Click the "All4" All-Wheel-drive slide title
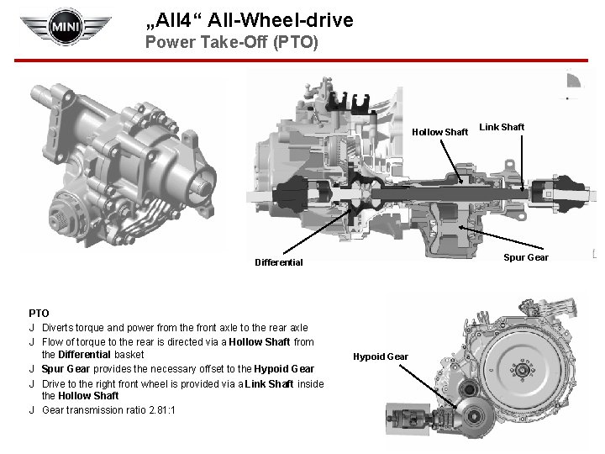coord(250,18)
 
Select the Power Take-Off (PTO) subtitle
coord(231,41)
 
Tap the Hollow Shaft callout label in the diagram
coord(439,132)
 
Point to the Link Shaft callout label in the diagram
coord(501,127)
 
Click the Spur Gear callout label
coord(526,257)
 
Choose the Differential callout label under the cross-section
coord(279,262)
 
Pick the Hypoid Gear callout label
coord(381,356)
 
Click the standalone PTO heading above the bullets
coord(39,313)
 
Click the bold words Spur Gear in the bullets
coord(65,368)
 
